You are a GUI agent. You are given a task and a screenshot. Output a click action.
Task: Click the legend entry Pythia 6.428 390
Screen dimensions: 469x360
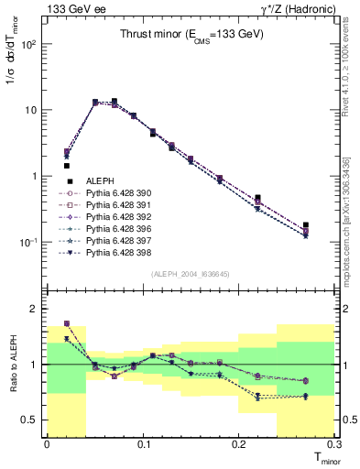(116, 193)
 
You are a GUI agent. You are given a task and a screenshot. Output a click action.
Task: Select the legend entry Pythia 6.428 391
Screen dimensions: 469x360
(116, 205)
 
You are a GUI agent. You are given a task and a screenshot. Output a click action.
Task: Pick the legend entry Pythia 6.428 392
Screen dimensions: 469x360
(116, 216)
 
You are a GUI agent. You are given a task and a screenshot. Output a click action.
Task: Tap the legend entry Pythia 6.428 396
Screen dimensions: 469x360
(116, 228)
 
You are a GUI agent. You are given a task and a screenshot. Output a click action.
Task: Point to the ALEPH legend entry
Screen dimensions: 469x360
(99, 182)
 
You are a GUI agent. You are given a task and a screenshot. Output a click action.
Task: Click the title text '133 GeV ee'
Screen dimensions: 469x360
(71, 8)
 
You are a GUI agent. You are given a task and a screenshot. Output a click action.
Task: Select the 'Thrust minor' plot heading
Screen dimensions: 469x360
(191, 35)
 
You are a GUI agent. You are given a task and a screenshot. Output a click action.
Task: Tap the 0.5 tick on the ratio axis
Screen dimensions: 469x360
(33, 420)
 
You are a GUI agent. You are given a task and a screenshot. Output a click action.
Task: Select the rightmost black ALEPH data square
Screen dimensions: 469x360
(306, 224)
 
